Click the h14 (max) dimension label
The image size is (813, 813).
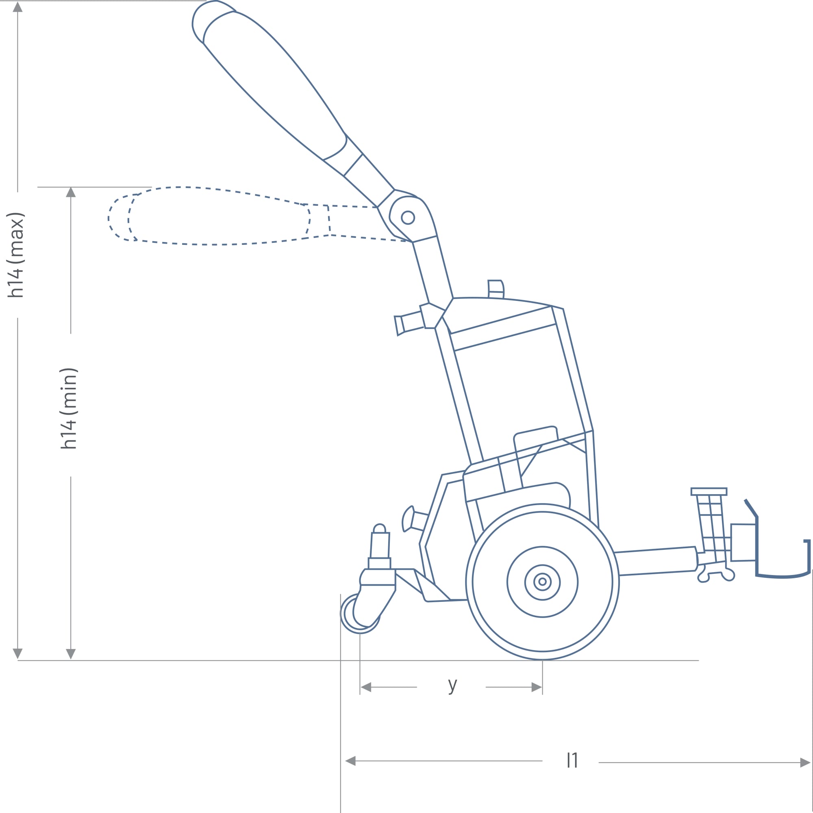15,255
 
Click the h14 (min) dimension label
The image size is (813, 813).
69,409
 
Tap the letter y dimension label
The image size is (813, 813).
452,685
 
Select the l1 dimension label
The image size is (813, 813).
572,760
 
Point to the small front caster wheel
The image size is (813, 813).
359,614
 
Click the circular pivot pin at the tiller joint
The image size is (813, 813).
408,218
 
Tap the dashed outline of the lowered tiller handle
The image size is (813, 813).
219,216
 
